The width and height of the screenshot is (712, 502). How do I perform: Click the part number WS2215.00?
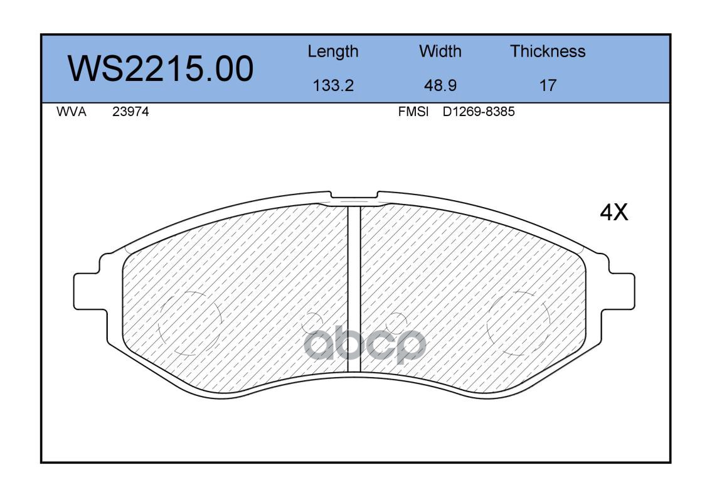[x=161, y=69]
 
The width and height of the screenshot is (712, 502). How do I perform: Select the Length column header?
[x=333, y=52]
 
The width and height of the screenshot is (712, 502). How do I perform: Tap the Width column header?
[x=440, y=51]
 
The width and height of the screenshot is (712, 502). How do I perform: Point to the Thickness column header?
[x=548, y=51]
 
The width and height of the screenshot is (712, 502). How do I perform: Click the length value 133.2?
[x=333, y=85]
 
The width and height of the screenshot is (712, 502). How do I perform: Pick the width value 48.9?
[x=440, y=85]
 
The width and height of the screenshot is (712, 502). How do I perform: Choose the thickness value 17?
[x=548, y=85]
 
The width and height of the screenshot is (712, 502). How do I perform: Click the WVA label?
[x=72, y=112]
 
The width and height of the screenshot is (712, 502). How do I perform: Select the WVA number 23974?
[x=130, y=112]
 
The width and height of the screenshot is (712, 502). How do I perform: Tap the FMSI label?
[x=413, y=112]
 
